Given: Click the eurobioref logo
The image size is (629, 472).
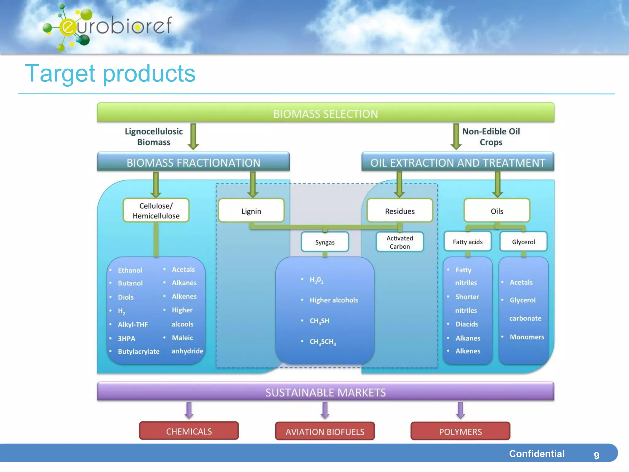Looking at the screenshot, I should (107, 27).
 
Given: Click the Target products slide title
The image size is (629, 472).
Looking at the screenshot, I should (110, 74).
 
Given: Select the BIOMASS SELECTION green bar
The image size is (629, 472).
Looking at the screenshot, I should (326, 113).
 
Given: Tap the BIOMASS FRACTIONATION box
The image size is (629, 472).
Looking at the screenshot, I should (193, 162).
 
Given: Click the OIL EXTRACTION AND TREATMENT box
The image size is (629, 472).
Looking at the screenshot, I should (458, 162).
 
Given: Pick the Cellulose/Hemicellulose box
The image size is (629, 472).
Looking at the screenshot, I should (156, 211).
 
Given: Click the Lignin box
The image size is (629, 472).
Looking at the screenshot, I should (251, 211).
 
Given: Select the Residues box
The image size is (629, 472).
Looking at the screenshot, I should (400, 211).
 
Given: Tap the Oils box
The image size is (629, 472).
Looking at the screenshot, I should (497, 211).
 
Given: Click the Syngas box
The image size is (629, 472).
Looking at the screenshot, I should (325, 242).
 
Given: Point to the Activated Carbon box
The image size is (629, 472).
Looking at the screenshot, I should (400, 242).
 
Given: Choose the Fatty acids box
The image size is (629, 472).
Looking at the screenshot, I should (467, 242).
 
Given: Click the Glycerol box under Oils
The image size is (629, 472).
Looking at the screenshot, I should (523, 242).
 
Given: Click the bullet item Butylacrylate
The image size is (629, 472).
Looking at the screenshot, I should (139, 352).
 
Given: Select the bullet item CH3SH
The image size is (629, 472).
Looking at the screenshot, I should (319, 321).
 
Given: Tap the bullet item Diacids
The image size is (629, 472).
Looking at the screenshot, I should (467, 324).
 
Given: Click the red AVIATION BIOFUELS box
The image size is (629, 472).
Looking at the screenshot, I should (325, 431).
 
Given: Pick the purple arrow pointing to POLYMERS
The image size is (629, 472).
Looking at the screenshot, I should (460, 410).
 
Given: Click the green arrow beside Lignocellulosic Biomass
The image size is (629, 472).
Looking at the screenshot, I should (193, 136).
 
